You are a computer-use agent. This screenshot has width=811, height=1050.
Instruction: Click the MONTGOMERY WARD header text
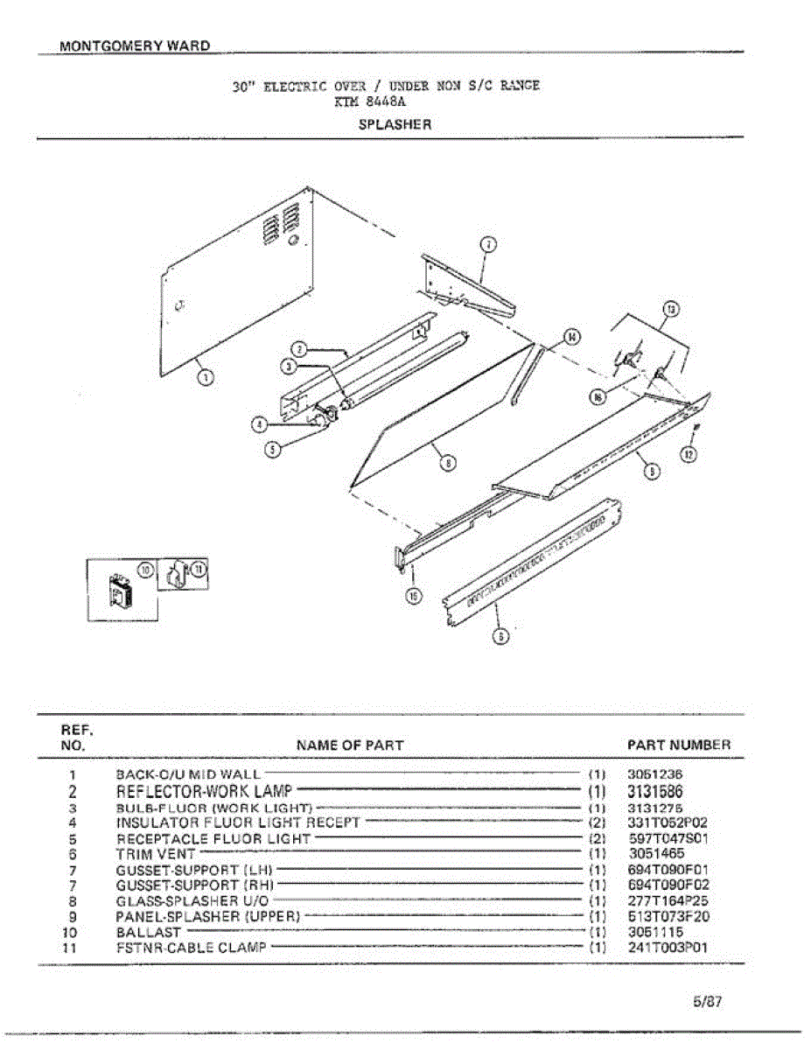click(x=135, y=45)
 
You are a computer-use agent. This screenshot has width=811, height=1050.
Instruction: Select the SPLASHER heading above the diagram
click(x=395, y=124)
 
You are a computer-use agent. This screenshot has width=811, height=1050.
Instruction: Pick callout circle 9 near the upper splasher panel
click(x=651, y=471)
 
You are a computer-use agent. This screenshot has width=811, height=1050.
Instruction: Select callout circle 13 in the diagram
click(x=670, y=309)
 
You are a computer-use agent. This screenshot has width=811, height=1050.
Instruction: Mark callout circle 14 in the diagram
click(x=570, y=336)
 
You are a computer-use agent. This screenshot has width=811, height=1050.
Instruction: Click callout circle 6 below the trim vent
click(x=500, y=636)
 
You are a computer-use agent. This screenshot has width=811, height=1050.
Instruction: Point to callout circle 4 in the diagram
click(x=259, y=424)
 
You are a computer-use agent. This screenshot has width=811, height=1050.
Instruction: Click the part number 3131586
click(x=655, y=791)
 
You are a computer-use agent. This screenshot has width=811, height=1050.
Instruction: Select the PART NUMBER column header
click(x=679, y=745)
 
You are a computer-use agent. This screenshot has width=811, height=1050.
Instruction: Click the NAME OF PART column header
click(x=350, y=745)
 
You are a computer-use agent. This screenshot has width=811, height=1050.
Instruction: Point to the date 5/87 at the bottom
click(x=707, y=1002)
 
